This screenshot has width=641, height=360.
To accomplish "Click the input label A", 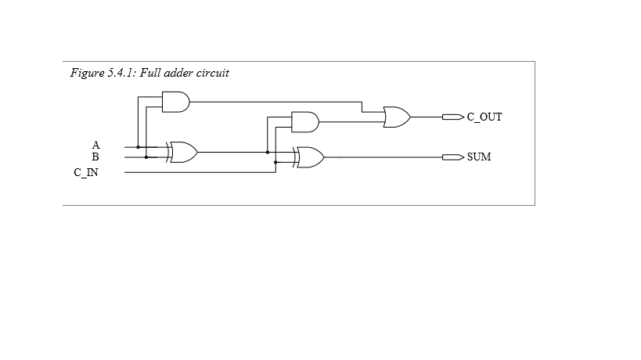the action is click(95, 145).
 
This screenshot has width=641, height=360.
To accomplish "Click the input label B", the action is click(95, 157).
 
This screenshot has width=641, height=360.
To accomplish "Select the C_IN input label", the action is click(86, 172).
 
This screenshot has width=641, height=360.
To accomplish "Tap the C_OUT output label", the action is click(484, 117).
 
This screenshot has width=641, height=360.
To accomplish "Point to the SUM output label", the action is click(479, 157).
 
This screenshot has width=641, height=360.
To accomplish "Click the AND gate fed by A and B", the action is click(176, 102).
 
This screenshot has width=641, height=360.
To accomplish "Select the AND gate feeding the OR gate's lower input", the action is click(305, 122).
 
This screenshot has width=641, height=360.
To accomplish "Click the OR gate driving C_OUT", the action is click(397, 117).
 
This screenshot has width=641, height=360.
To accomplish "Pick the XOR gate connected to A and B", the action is click(182, 152).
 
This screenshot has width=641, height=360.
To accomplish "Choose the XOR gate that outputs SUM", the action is click(308, 157).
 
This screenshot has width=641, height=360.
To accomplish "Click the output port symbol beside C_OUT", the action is click(453, 117).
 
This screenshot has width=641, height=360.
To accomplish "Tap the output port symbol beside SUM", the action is click(453, 157).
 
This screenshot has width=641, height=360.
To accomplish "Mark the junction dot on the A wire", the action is click(139, 147).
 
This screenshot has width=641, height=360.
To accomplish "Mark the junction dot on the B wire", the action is click(146, 157).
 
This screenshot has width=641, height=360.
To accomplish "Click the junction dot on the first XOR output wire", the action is click(268, 152).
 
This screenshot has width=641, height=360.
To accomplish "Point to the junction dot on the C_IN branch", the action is click(276, 162).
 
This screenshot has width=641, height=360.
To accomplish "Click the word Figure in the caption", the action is click(87, 73).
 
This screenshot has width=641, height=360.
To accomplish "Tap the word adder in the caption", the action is click(178, 73).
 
